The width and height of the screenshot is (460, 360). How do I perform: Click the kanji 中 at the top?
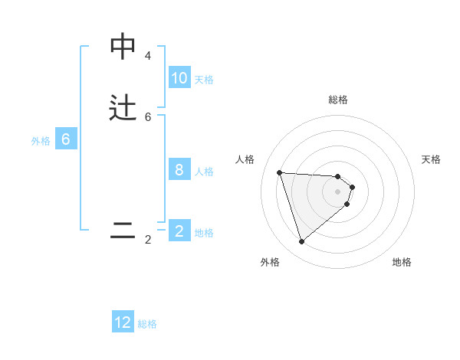tap(123, 47)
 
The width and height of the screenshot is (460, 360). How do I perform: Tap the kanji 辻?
tap(123, 109)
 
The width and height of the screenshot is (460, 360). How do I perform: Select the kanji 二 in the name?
tap(123, 231)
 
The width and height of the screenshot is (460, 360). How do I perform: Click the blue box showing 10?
tap(179, 78)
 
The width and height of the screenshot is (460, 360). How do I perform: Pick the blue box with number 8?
tap(179, 170)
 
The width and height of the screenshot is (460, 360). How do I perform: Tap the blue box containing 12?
tap(123, 322)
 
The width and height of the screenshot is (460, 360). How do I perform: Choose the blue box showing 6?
tap(66, 139)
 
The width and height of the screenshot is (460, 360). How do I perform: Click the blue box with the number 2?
tap(179, 231)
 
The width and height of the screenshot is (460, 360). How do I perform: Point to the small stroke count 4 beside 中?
tap(148, 56)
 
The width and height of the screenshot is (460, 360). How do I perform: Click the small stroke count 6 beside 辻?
tap(148, 117)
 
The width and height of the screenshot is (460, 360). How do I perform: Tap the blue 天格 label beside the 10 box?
tap(204, 79)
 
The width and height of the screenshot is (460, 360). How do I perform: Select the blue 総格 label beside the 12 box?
tap(147, 324)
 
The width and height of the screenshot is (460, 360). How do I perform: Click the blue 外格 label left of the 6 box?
tap(41, 141)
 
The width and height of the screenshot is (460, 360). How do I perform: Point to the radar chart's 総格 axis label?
tap(338, 100)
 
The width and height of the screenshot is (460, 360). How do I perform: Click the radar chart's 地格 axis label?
tap(402, 262)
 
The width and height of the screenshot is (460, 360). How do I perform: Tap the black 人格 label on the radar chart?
tap(245, 159)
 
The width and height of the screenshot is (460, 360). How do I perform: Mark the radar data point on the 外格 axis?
tap(301, 242)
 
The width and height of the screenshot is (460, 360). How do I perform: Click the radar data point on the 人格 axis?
tap(279, 172)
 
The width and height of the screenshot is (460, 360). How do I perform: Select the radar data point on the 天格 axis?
tap(352, 187)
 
